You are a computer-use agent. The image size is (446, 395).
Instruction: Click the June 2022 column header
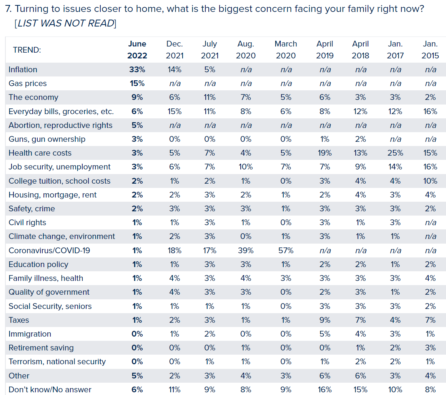137,50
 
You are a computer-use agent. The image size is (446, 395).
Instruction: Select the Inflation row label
23,70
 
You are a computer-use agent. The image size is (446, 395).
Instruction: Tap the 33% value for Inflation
137,70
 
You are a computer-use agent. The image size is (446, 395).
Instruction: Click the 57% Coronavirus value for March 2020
286,251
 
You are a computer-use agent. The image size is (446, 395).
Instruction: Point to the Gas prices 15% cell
137,83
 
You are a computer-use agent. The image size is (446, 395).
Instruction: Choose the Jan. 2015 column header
430,50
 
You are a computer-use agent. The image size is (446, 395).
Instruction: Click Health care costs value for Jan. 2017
395,153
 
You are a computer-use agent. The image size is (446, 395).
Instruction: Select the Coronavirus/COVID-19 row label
49,251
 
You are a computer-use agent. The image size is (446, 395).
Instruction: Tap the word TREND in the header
27,50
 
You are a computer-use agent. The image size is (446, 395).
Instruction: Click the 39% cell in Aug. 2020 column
246,251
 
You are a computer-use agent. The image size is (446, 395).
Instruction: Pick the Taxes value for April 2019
325,320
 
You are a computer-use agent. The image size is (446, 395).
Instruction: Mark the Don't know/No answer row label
50,390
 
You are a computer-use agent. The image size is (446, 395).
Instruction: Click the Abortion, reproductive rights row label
60,125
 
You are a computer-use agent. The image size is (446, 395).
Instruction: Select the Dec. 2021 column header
175,50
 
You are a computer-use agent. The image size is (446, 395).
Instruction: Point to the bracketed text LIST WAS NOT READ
65,23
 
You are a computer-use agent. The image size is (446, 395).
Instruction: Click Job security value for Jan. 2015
430,167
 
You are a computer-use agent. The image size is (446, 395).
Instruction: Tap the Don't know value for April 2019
325,390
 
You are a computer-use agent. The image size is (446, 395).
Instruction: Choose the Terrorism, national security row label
57,362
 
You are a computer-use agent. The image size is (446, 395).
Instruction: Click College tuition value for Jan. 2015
430,181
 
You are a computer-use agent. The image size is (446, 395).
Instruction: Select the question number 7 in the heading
8,9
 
